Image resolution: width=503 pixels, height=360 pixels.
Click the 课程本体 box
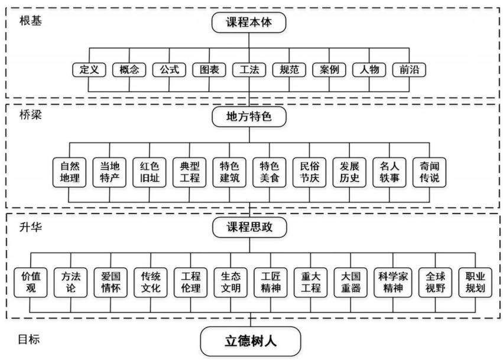click(x=249, y=22)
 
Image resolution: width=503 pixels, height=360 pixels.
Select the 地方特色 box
click(x=249, y=116)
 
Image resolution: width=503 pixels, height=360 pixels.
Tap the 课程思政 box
click(x=249, y=227)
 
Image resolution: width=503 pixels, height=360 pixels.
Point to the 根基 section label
click(x=31, y=21)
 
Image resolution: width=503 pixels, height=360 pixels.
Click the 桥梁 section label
click(x=31, y=115)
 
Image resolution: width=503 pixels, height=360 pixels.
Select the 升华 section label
click(x=31, y=227)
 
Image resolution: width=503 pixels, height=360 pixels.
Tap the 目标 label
click(x=29, y=339)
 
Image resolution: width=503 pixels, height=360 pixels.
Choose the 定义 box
click(x=89, y=70)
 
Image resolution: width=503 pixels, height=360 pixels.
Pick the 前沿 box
click(x=410, y=70)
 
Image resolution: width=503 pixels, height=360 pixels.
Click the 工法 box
click(x=249, y=70)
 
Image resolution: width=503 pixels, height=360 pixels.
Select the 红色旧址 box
click(x=150, y=172)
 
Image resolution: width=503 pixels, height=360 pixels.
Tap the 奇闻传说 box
click(x=430, y=172)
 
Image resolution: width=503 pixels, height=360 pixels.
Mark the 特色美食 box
click(x=270, y=172)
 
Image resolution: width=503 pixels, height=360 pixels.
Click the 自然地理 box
click(x=70, y=172)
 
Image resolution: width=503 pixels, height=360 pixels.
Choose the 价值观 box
click(x=31, y=283)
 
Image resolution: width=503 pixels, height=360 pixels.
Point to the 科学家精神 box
click(x=393, y=283)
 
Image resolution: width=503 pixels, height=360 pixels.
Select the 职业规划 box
click(x=475, y=283)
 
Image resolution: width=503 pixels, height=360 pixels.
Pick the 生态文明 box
click(x=231, y=283)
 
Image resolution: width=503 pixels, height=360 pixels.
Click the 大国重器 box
click(x=351, y=283)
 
